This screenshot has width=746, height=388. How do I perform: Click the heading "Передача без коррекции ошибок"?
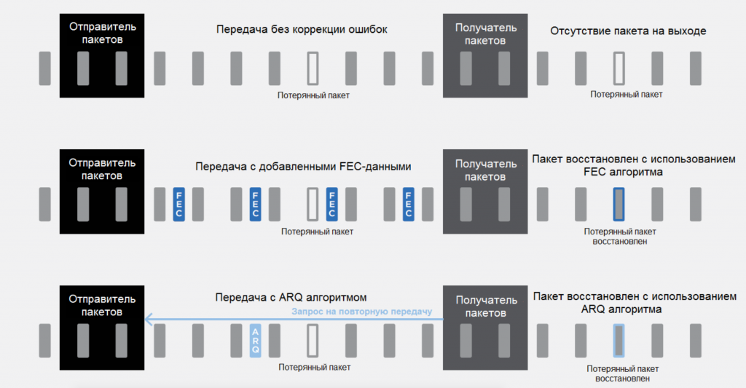(x=302, y=30)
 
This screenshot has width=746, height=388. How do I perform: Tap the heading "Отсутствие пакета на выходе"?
(x=628, y=31)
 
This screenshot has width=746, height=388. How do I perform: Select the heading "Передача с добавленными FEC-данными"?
(x=303, y=167)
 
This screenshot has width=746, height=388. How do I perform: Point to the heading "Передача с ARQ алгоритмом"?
(x=291, y=298)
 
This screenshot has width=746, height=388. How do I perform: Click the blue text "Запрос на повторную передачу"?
(x=362, y=312)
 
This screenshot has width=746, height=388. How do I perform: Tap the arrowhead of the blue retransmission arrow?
(x=148, y=319)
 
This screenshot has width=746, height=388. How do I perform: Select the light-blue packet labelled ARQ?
(x=255, y=340)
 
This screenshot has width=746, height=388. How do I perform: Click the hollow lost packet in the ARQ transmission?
(x=313, y=340)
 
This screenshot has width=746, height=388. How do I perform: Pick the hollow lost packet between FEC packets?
(x=313, y=204)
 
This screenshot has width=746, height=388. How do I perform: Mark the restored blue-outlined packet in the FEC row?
(x=619, y=204)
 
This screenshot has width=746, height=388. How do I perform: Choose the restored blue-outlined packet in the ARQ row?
(x=619, y=340)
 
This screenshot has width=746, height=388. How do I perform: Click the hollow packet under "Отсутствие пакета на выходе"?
(x=619, y=68)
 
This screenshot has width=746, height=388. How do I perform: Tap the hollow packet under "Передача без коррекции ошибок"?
(x=313, y=68)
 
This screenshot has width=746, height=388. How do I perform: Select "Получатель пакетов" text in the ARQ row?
(x=485, y=306)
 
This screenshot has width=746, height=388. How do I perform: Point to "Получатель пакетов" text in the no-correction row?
(x=485, y=34)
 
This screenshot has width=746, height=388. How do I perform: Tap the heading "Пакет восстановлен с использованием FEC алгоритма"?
(x=634, y=165)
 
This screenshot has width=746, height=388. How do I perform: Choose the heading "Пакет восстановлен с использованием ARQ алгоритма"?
(x=634, y=303)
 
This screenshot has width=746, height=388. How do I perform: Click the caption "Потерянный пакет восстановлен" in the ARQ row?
(x=619, y=373)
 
